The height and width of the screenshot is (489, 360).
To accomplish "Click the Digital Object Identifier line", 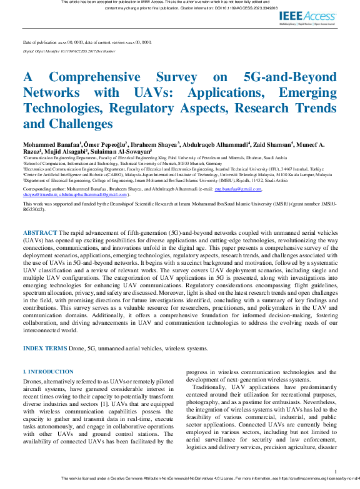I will [x=69, y=51].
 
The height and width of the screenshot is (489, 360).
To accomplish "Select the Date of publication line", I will [x=87, y=42].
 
